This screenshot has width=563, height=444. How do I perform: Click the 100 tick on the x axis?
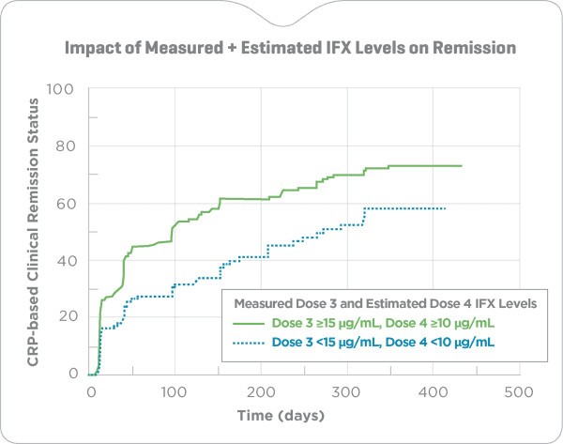[175, 391]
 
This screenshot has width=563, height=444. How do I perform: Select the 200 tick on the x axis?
[260, 391]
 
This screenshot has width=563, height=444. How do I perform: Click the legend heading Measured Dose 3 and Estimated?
[378, 302]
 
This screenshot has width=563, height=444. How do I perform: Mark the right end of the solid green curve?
[463, 166]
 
